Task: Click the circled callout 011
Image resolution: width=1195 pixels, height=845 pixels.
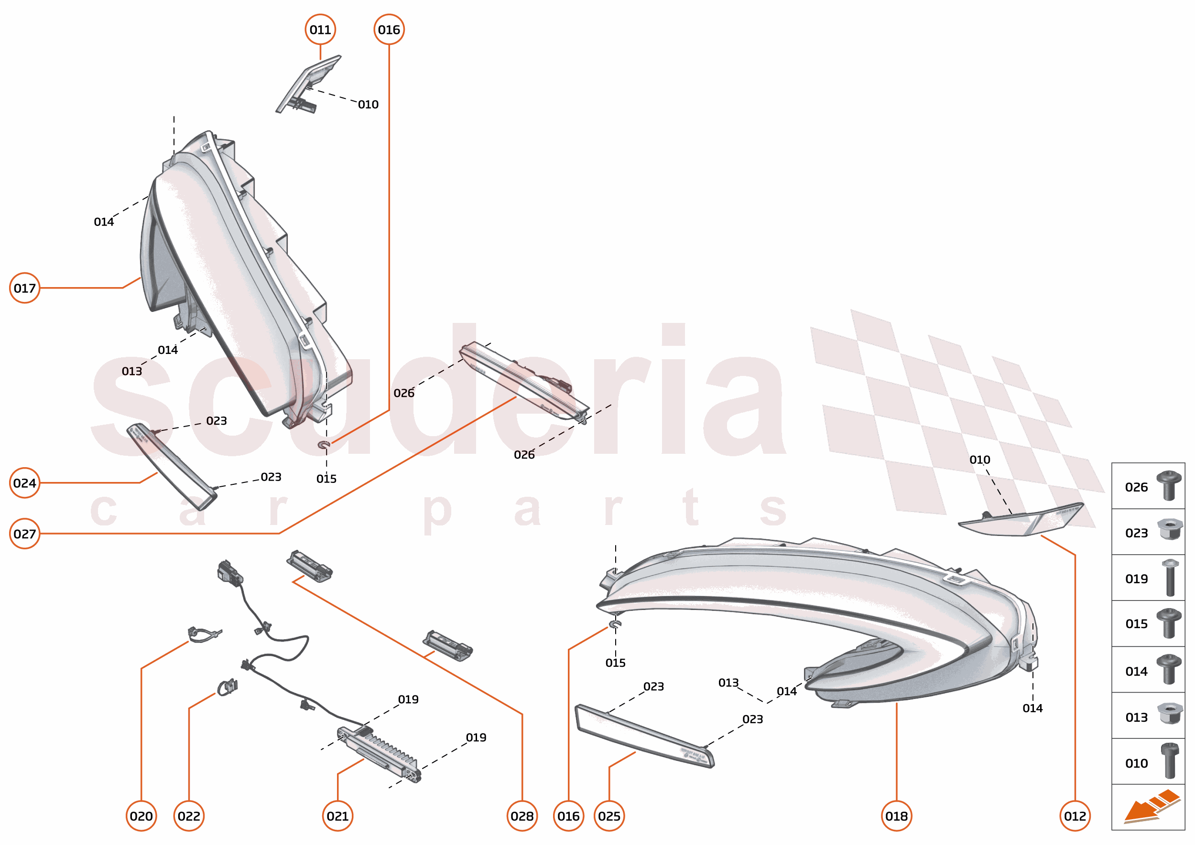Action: (320, 30)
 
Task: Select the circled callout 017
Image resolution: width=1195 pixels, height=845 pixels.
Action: (24, 288)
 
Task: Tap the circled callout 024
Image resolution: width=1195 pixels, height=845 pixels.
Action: (24, 483)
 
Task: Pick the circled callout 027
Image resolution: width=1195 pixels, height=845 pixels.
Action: (24, 534)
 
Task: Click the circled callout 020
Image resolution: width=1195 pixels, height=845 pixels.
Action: (141, 816)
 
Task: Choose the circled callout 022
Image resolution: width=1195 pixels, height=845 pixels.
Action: (188, 816)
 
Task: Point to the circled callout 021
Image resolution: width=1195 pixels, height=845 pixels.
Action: (337, 816)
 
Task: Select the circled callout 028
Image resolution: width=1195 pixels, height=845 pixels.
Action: (522, 816)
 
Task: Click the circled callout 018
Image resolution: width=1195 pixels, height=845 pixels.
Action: (897, 816)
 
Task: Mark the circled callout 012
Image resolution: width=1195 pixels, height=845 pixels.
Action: (1075, 816)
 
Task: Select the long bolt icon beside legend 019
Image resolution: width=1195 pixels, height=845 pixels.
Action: (1170, 578)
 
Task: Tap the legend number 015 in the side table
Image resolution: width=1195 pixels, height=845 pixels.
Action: (1136, 624)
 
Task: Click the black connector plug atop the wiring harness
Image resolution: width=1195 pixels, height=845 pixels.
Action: (229, 573)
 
